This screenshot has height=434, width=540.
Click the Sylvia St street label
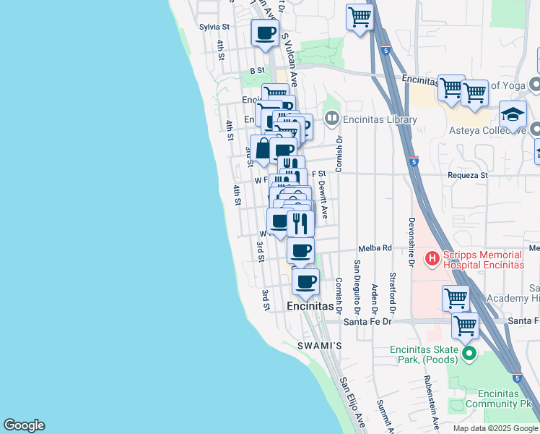tap(214, 27)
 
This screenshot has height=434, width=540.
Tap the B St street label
tap(258, 71)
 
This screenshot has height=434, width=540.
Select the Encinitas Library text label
tap(380, 119)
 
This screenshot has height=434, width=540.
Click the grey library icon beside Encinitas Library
tap(332, 117)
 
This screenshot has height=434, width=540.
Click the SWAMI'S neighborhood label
tap(318, 346)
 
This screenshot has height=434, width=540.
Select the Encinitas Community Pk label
tap(495, 399)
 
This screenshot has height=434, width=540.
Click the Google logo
tap(24, 425)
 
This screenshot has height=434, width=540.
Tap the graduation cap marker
tap(513, 116)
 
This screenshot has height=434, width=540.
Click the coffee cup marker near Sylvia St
tap(265, 33)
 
